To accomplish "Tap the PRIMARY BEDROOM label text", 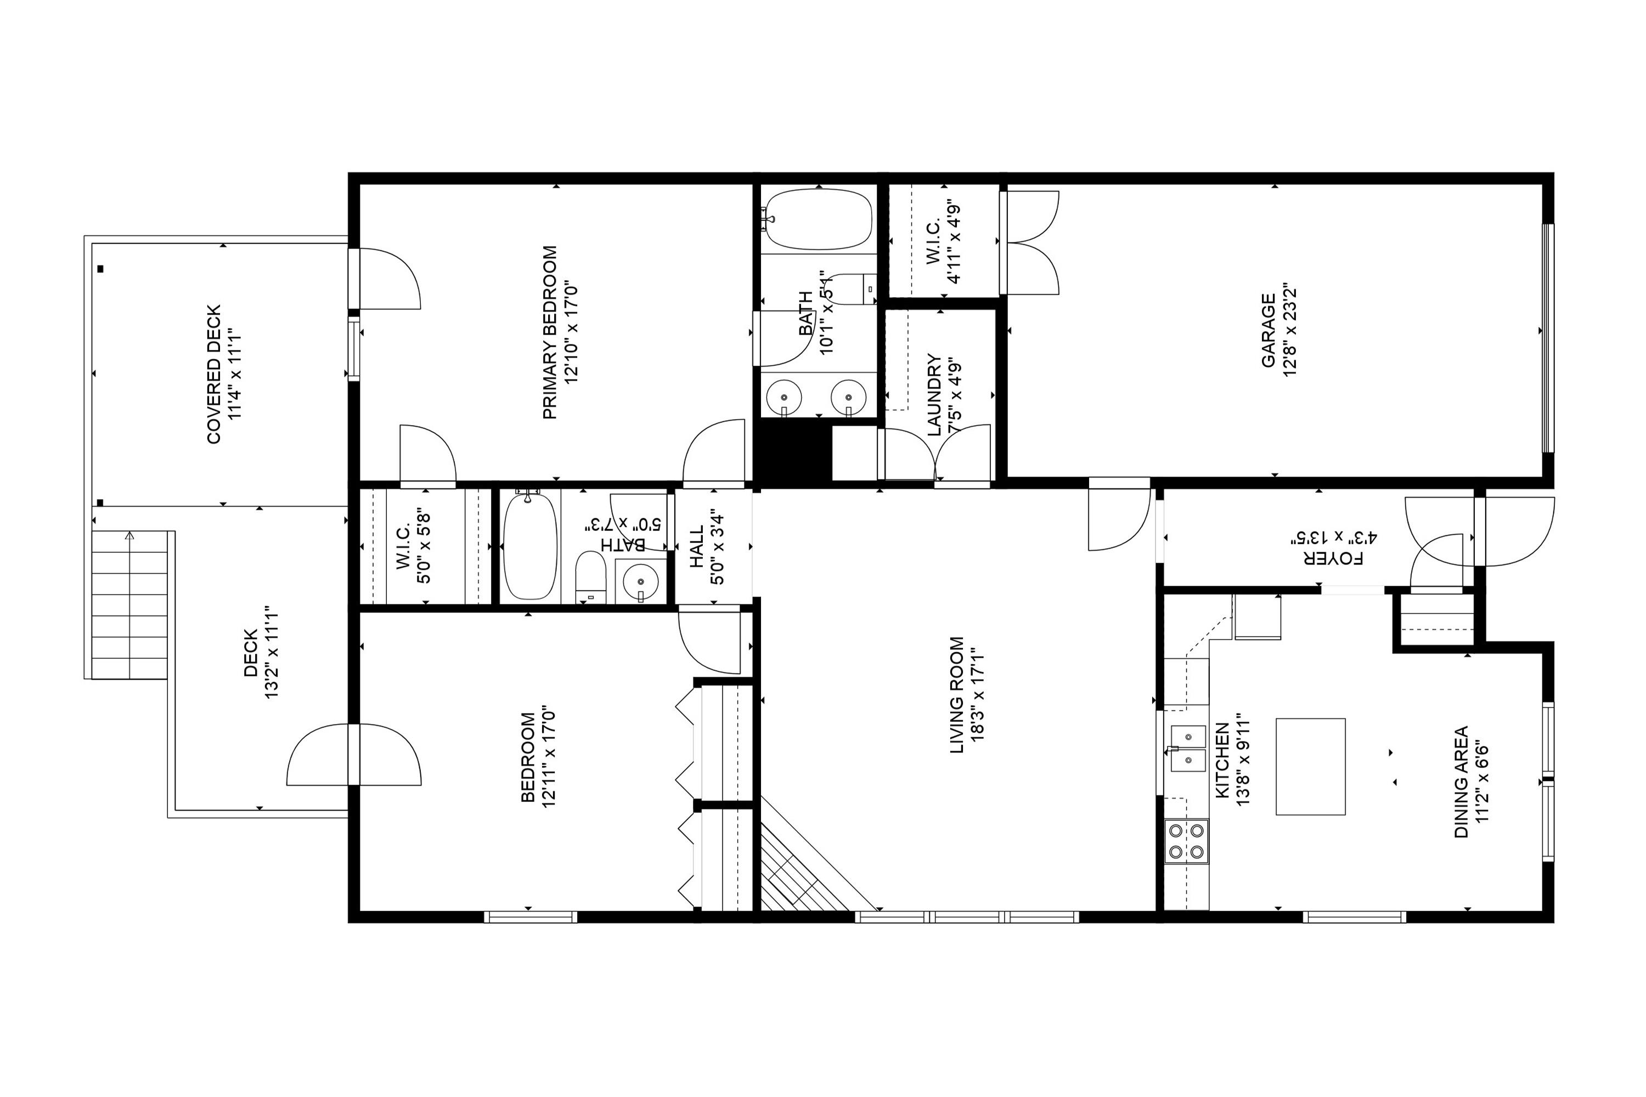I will pos(550,332).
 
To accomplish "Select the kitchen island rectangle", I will pos(1310,766).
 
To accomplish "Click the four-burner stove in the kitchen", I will pos(1186,841).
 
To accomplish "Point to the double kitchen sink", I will pos(1188,748).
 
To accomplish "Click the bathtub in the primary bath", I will pos(818,219).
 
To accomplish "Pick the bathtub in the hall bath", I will pos(531,546).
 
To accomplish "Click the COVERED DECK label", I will pos(214,374).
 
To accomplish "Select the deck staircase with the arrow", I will pos(129,605).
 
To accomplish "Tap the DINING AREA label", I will pos(1461,782).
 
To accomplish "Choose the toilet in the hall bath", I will pos(590,577).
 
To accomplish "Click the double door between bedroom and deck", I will pos(354,754).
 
